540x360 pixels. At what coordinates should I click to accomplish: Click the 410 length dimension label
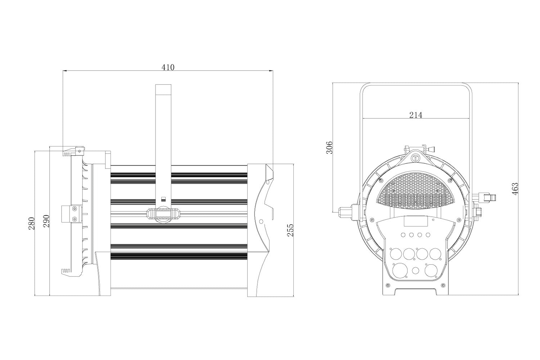(x=168, y=67)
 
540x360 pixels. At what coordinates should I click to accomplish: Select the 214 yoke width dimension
(x=416, y=115)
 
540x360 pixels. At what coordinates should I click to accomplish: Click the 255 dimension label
(x=290, y=230)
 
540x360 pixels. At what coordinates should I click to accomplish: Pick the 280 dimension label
(x=31, y=224)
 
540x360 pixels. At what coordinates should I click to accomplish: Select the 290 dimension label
(x=46, y=221)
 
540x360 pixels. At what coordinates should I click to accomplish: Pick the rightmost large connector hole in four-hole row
(x=435, y=254)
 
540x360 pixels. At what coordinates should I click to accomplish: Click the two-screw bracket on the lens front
(x=70, y=213)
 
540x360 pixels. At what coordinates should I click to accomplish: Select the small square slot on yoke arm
(x=163, y=199)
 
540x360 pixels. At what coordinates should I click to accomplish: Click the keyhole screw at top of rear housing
(x=416, y=158)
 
